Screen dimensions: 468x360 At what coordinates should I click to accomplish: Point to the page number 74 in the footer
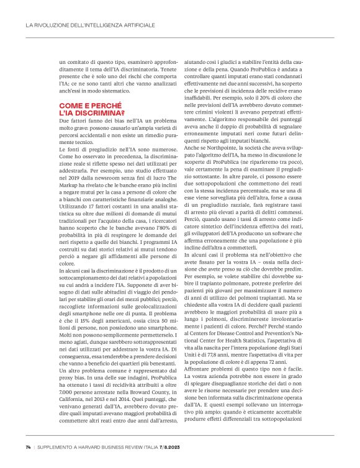pyautogui.click(x=29, y=446)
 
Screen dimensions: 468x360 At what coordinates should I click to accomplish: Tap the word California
pyautogui.click(x=73, y=400)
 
